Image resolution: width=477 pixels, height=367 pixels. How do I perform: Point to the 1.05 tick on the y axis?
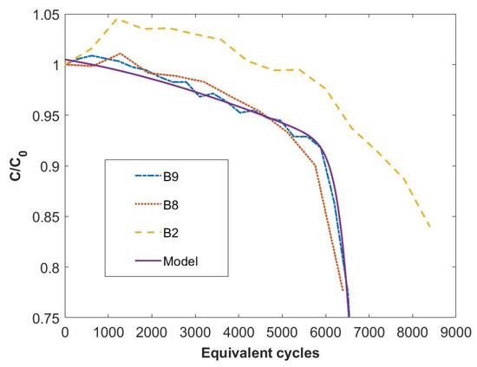pos(46,14)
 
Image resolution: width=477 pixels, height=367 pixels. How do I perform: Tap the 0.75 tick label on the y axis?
pos(46,319)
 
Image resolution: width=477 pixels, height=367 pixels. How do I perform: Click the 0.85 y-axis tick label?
pos(46,216)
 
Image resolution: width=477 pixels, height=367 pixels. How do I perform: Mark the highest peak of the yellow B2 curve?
pos(117,18)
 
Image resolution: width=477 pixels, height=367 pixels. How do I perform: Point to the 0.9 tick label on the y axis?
pos(49,166)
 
